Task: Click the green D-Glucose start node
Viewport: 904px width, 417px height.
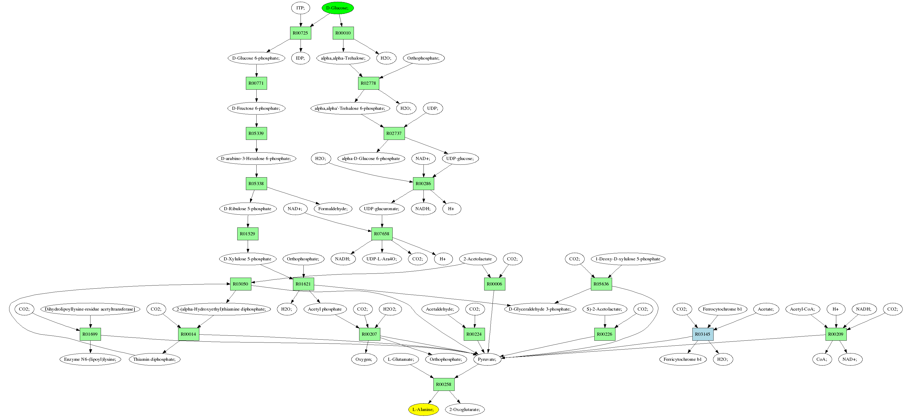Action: [x=337, y=8]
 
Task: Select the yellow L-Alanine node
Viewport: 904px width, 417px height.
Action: [x=423, y=409]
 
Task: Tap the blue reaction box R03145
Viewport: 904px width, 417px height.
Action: [x=702, y=334]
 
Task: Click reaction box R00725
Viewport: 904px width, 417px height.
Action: [x=300, y=33]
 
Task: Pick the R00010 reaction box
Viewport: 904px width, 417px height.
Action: [x=343, y=33]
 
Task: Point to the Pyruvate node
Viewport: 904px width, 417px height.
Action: [x=487, y=359]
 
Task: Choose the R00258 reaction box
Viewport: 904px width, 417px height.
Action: [x=444, y=384]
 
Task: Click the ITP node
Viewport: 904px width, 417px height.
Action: [x=300, y=8]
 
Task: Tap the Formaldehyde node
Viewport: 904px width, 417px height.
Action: [x=333, y=209]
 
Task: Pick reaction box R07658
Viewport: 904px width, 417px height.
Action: [x=381, y=233]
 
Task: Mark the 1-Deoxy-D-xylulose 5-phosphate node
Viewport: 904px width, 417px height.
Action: [x=628, y=259]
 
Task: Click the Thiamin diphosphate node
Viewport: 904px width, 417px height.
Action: [x=154, y=359]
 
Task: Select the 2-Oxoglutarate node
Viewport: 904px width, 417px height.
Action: [x=465, y=409]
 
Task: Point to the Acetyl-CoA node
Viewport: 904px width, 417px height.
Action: [x=802, y=309]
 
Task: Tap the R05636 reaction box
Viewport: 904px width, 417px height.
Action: [x=601, y=284]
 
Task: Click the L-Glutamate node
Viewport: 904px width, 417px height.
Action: [x=401, y=359]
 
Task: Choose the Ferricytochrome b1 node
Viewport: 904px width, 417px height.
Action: [x=682, y=359]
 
